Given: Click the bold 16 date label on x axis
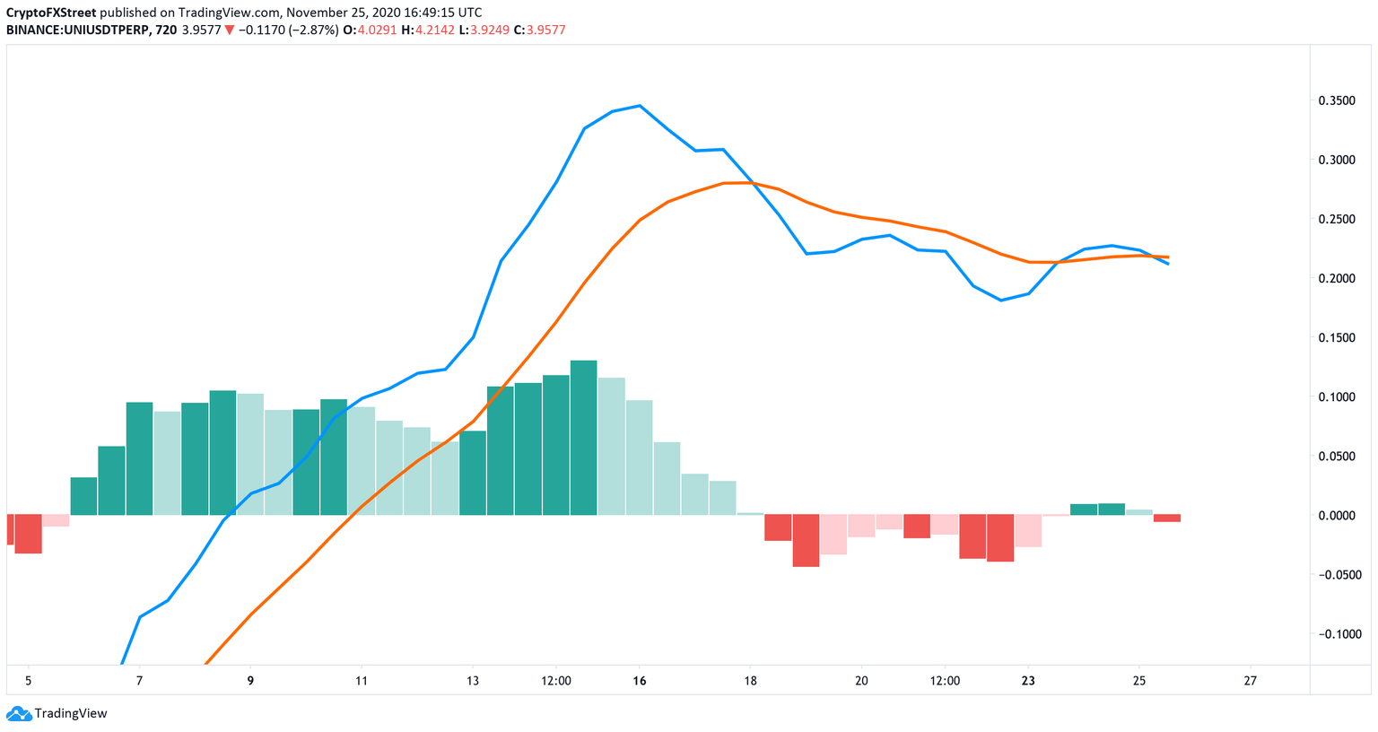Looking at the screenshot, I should [x=639, y=681].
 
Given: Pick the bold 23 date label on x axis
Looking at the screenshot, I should [x=1028, y=681].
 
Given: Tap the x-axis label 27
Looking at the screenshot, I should [x=1250, y=681].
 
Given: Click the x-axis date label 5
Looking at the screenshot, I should [x=28, y=681].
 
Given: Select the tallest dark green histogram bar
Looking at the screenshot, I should [x=583, y=438].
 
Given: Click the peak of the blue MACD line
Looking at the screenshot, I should [x=639, y=106].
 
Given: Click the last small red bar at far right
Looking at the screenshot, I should [x=1167, y=518].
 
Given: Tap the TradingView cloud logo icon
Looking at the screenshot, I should [x=18, y=714].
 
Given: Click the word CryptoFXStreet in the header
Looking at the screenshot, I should [x=51, y=13].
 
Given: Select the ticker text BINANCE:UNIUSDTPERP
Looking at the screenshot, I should [x=73, y=30].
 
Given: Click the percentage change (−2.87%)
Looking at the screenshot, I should [x=313, y=30].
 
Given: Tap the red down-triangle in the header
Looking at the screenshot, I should [x=230, y=30].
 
